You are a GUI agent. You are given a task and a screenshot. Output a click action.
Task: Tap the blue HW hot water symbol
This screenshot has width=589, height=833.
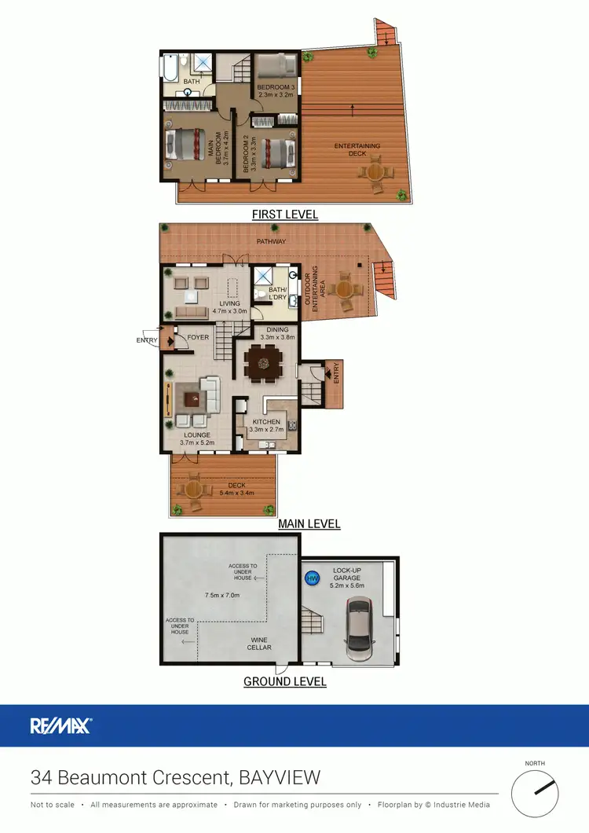click(x=311, y=578)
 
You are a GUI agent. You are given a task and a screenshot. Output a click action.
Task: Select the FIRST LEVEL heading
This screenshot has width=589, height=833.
click(x=284, y=214)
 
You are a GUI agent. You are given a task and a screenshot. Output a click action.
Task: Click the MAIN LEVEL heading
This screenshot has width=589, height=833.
click(x=309, y=523)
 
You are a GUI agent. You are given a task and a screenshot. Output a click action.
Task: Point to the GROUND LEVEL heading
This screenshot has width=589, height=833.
click(x=284, y=681)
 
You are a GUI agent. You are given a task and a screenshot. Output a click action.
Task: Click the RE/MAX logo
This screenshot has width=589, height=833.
click(x=61, y=725)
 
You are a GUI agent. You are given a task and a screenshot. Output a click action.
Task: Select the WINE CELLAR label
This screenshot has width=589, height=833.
click(x=259, y=643)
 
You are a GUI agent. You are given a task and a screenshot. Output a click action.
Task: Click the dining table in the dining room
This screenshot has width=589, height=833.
click(x=263, y=362)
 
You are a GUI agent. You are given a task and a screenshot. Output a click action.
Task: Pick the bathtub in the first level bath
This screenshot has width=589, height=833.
click(x=171, y=69)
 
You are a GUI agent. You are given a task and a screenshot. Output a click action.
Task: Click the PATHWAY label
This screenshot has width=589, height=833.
click(x=269, y=241)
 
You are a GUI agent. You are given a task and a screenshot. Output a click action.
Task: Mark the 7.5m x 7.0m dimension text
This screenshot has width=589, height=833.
click(x=222, y=595)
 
